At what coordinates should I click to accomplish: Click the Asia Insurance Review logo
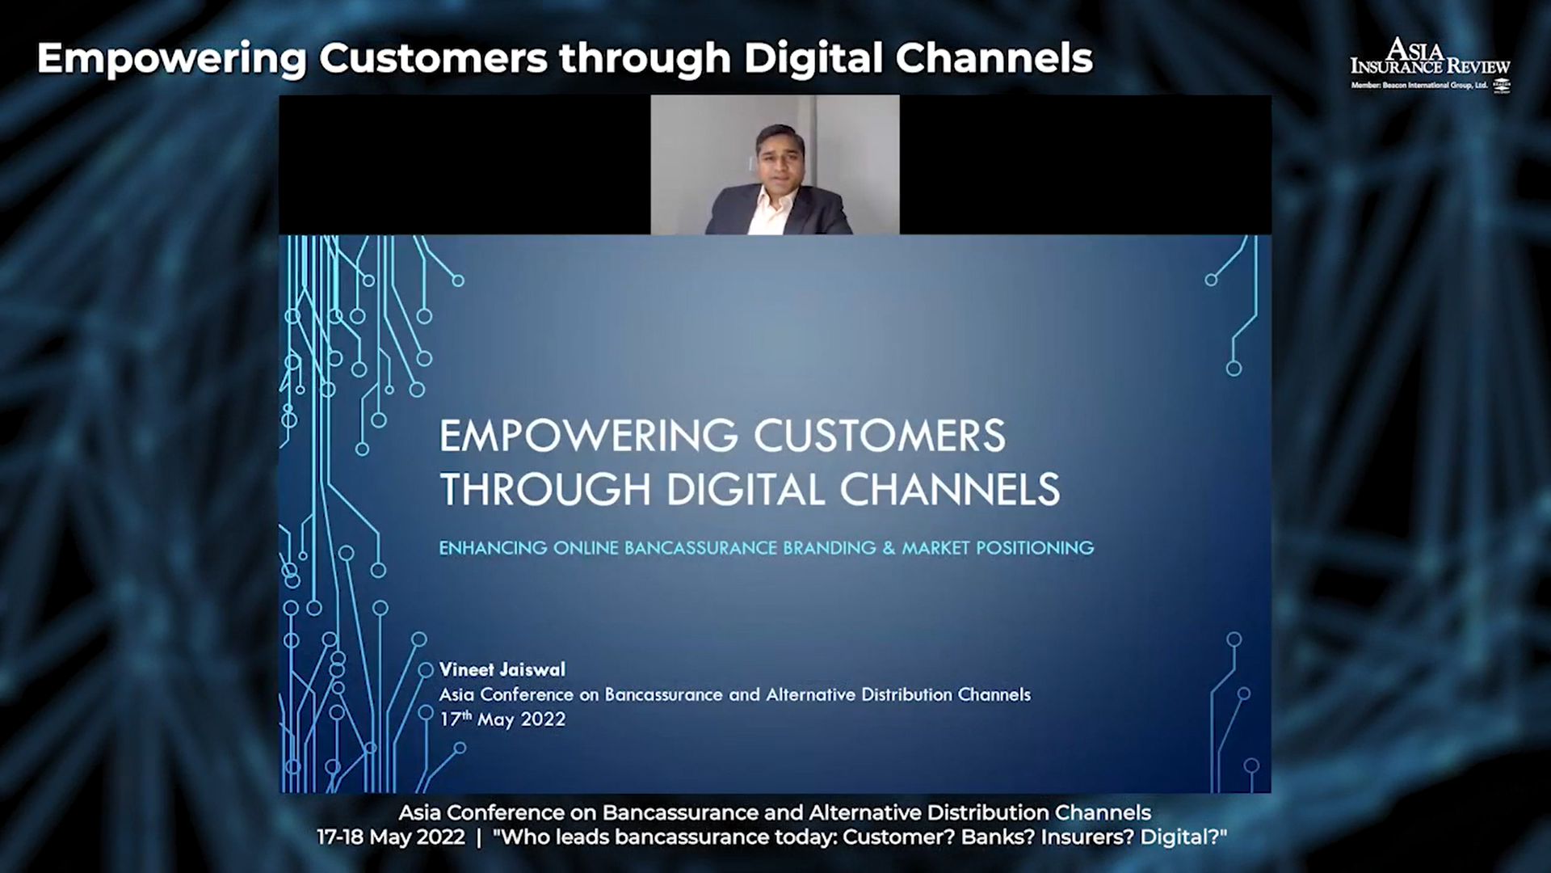pyautogui.click(x=1430, y=64)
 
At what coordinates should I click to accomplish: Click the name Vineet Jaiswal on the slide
pyautogui.click(x=502, y=669)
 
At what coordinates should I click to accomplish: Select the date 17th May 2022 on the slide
pyautogui.click(x=502, y=719)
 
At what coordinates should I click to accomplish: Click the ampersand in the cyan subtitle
pyautogui.click(x=889, y=548)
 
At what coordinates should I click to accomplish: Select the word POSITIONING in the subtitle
pyautogui.click(x=1035, y=548)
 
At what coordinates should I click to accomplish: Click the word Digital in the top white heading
pyautogui.click(x=813, y=59)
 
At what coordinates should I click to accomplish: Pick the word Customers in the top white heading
pyautogui.click(x=433, y=59)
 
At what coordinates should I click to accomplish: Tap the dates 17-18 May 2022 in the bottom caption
pyautogui.click(x=391, y=837)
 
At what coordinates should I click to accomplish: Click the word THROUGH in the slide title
pyautogui.click(x=545, y=489)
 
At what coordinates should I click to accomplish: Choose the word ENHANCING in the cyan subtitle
pyautogui.click(x=493, y=548)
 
